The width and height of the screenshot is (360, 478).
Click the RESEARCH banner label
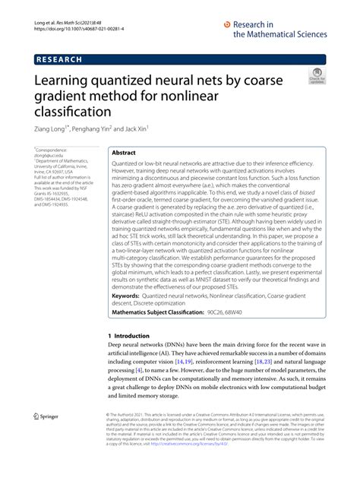(x=60, y=59)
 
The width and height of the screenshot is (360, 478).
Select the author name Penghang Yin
(x=96, y=129)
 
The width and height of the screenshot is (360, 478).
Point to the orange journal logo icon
(x=226, y=24)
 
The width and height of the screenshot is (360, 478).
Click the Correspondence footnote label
(x=56, y=151)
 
